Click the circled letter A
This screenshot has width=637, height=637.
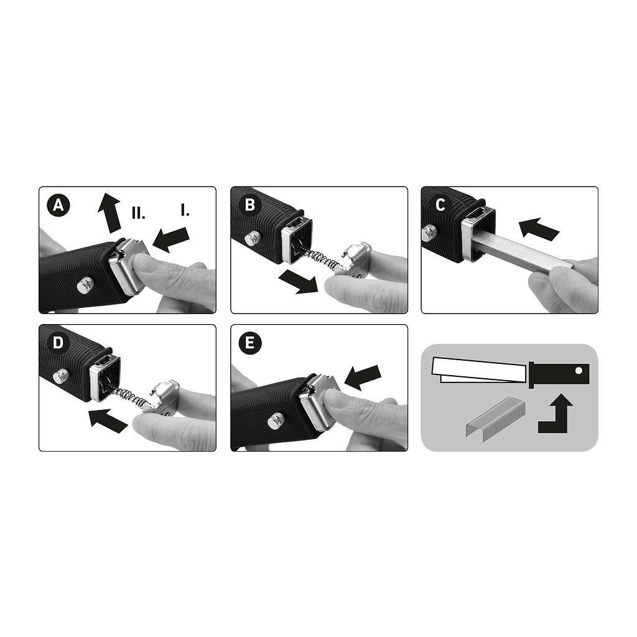(58, 205)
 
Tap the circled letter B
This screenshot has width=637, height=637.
(250, 205)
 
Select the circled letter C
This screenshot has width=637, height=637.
(440, 205)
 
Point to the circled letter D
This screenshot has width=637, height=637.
(58, 343)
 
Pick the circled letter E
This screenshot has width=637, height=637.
(250, 343)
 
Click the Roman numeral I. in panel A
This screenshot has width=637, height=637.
(185, 210)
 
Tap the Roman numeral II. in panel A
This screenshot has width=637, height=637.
(139, 213)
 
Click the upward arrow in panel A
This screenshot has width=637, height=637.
(110, 213)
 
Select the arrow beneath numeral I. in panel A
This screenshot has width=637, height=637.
(171, 239)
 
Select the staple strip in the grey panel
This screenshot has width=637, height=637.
(495, 421)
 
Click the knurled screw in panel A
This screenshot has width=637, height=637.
(85, 284)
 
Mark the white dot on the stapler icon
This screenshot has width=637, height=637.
(579, 371)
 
